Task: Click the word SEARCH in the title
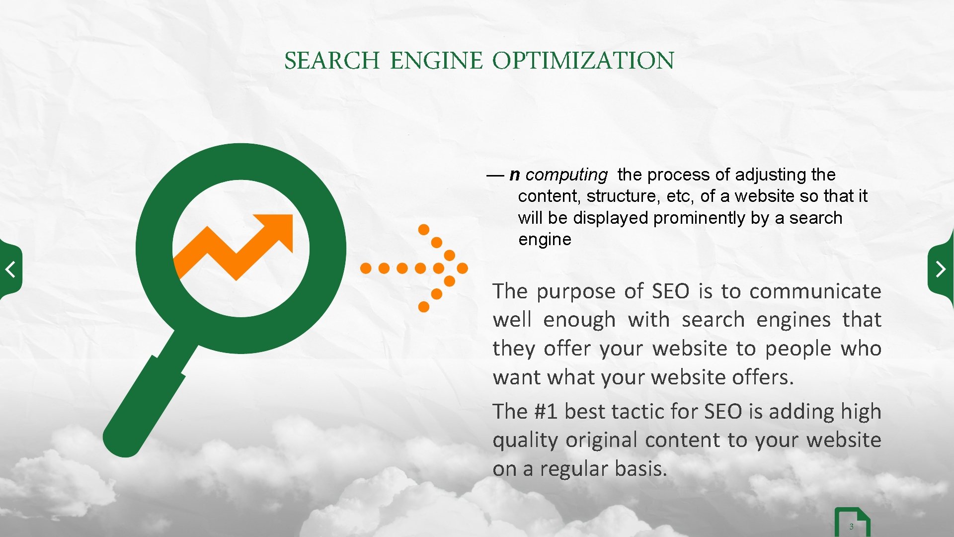click(x=331, y=61)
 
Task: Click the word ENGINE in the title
click(x=436, y=61)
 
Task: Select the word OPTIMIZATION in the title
click(x=583, y=61)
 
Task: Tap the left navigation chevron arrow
click(x=10, y=269)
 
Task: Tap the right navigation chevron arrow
click(x=941, y=269)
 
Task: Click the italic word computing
click(x=566, y=175)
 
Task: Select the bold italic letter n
click(x=515, y=175)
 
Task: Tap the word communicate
click(x=815, y=291)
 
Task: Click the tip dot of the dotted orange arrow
click(x=463, y=268)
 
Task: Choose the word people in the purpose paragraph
click(x=798, y=349)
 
